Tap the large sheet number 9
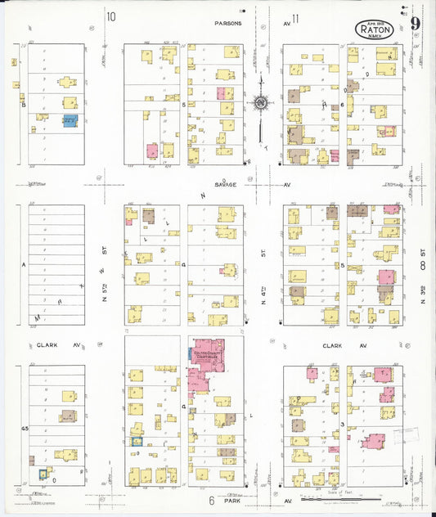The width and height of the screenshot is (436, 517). pos(416,23)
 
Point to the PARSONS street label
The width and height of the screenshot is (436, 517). pos(228,24)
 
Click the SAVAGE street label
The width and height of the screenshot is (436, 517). pos(226,185)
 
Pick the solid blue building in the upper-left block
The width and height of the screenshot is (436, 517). pos(70,121)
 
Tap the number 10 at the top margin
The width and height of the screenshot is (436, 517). pos(110,16)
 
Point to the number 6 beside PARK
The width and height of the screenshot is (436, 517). pos(210,498)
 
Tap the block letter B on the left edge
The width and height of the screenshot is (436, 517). pos(24,105)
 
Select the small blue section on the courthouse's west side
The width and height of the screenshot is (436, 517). pos(191,354)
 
